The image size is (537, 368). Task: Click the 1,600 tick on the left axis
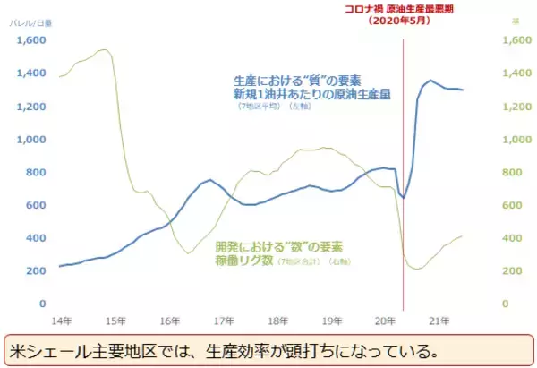pos(30,40)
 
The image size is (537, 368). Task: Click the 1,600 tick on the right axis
pos(516,40)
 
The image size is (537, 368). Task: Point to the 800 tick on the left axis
pos(34,172)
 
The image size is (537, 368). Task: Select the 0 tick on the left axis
pos(42,304)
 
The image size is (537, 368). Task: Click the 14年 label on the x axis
pos(60,320)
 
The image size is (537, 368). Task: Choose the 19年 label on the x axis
pos(333,320)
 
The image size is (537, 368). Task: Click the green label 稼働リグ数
pos(245,261)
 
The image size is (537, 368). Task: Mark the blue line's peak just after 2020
pos(430,81)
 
